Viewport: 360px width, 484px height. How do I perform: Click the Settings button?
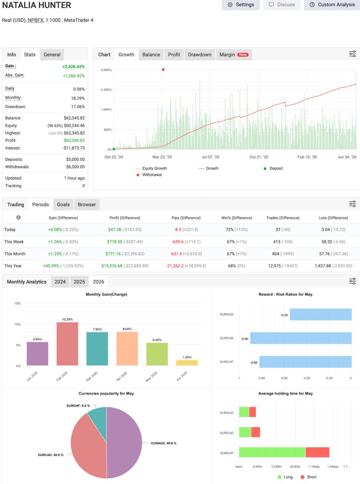(x=241, y=5)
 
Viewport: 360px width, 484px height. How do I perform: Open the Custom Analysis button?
(x=332, y=5)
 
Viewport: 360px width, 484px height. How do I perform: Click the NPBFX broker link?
(x=36, y=20)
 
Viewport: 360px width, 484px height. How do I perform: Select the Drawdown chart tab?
(x=199, y=54)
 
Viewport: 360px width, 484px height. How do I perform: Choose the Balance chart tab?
(x=151, y=54)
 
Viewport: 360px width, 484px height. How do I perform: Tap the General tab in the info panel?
(x=52, y=54)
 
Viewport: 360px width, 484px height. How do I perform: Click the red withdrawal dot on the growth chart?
(x=163, y=70)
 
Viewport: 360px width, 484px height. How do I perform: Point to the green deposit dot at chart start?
(x=114, y=149)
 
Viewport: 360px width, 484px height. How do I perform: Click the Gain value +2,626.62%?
(x=74, y=67)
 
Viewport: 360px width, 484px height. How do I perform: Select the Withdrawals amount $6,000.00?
(x=76, y=167)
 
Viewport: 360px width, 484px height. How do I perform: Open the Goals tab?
(x=63, y=205)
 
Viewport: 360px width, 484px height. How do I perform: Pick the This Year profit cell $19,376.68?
(x=112, y=266)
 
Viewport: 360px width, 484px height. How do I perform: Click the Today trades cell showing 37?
(x=278, y=230)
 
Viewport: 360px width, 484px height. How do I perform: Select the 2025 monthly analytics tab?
(x=79, y=282)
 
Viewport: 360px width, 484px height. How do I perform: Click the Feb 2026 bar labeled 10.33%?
(x=67, y=344)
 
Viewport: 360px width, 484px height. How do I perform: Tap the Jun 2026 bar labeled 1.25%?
(x=187, y=363)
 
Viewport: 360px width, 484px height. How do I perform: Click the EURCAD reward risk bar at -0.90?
(x=301, y=338)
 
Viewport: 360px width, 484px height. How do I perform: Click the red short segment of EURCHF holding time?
(x=317, y=452)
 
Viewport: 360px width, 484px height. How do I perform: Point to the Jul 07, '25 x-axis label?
(x=210, y=157)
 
